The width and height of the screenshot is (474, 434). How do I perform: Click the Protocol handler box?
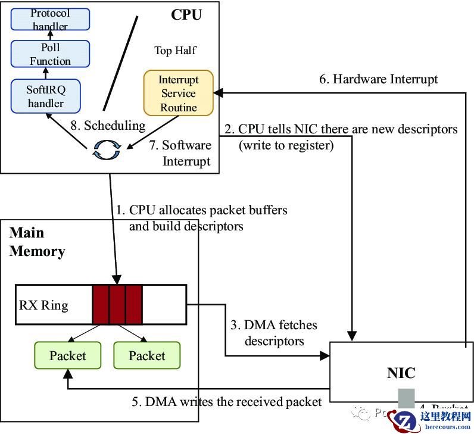click(50, 20)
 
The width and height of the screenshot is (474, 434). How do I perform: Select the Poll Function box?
click(50, 54)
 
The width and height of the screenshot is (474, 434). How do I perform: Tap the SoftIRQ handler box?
click(45, 96)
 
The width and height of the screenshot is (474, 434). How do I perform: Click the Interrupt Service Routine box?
click(179, 93)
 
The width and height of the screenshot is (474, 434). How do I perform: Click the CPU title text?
click(186, 14)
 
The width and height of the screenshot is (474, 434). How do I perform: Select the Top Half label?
click(175, 51)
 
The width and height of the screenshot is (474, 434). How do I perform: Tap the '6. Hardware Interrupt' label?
click(379, 79)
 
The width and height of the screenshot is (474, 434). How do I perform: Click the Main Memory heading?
click(37, 242)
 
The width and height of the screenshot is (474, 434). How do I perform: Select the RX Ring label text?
click(43, 305)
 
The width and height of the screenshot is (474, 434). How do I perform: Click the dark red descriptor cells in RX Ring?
click(117, 304)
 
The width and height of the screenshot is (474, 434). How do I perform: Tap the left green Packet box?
click(67, 355)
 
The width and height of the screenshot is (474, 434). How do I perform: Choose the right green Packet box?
click(146, 355)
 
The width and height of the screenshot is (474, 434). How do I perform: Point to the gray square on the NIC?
click(406, 398)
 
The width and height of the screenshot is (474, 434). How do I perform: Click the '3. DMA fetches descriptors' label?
click(273, 333)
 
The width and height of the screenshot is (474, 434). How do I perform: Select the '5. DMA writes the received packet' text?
click(226, 402)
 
